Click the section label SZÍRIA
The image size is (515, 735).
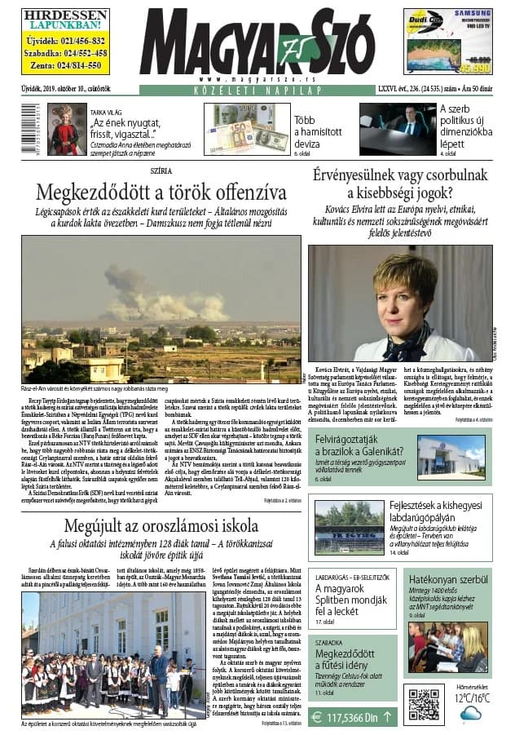coord(161,173)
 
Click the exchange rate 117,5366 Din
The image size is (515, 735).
coord(353,717)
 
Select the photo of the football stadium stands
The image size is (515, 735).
coord(348,526)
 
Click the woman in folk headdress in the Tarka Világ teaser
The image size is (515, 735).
coord(68,129)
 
